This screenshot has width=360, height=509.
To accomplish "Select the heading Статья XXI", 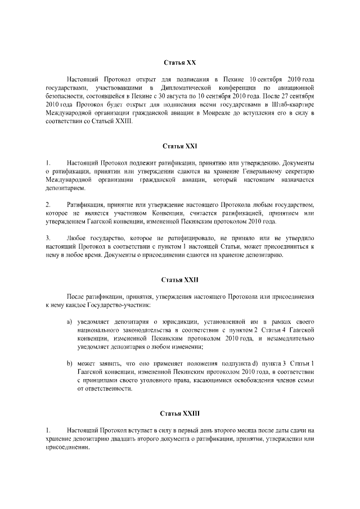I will click(x=180, y=146).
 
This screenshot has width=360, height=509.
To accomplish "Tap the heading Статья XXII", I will click(x=180, y=279).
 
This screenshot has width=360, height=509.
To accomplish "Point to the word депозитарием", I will click(x=64, y=187).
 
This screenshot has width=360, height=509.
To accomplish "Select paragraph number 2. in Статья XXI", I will click(x=48, y=204).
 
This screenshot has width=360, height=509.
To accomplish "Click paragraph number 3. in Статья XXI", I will click(x=48, y=238).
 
